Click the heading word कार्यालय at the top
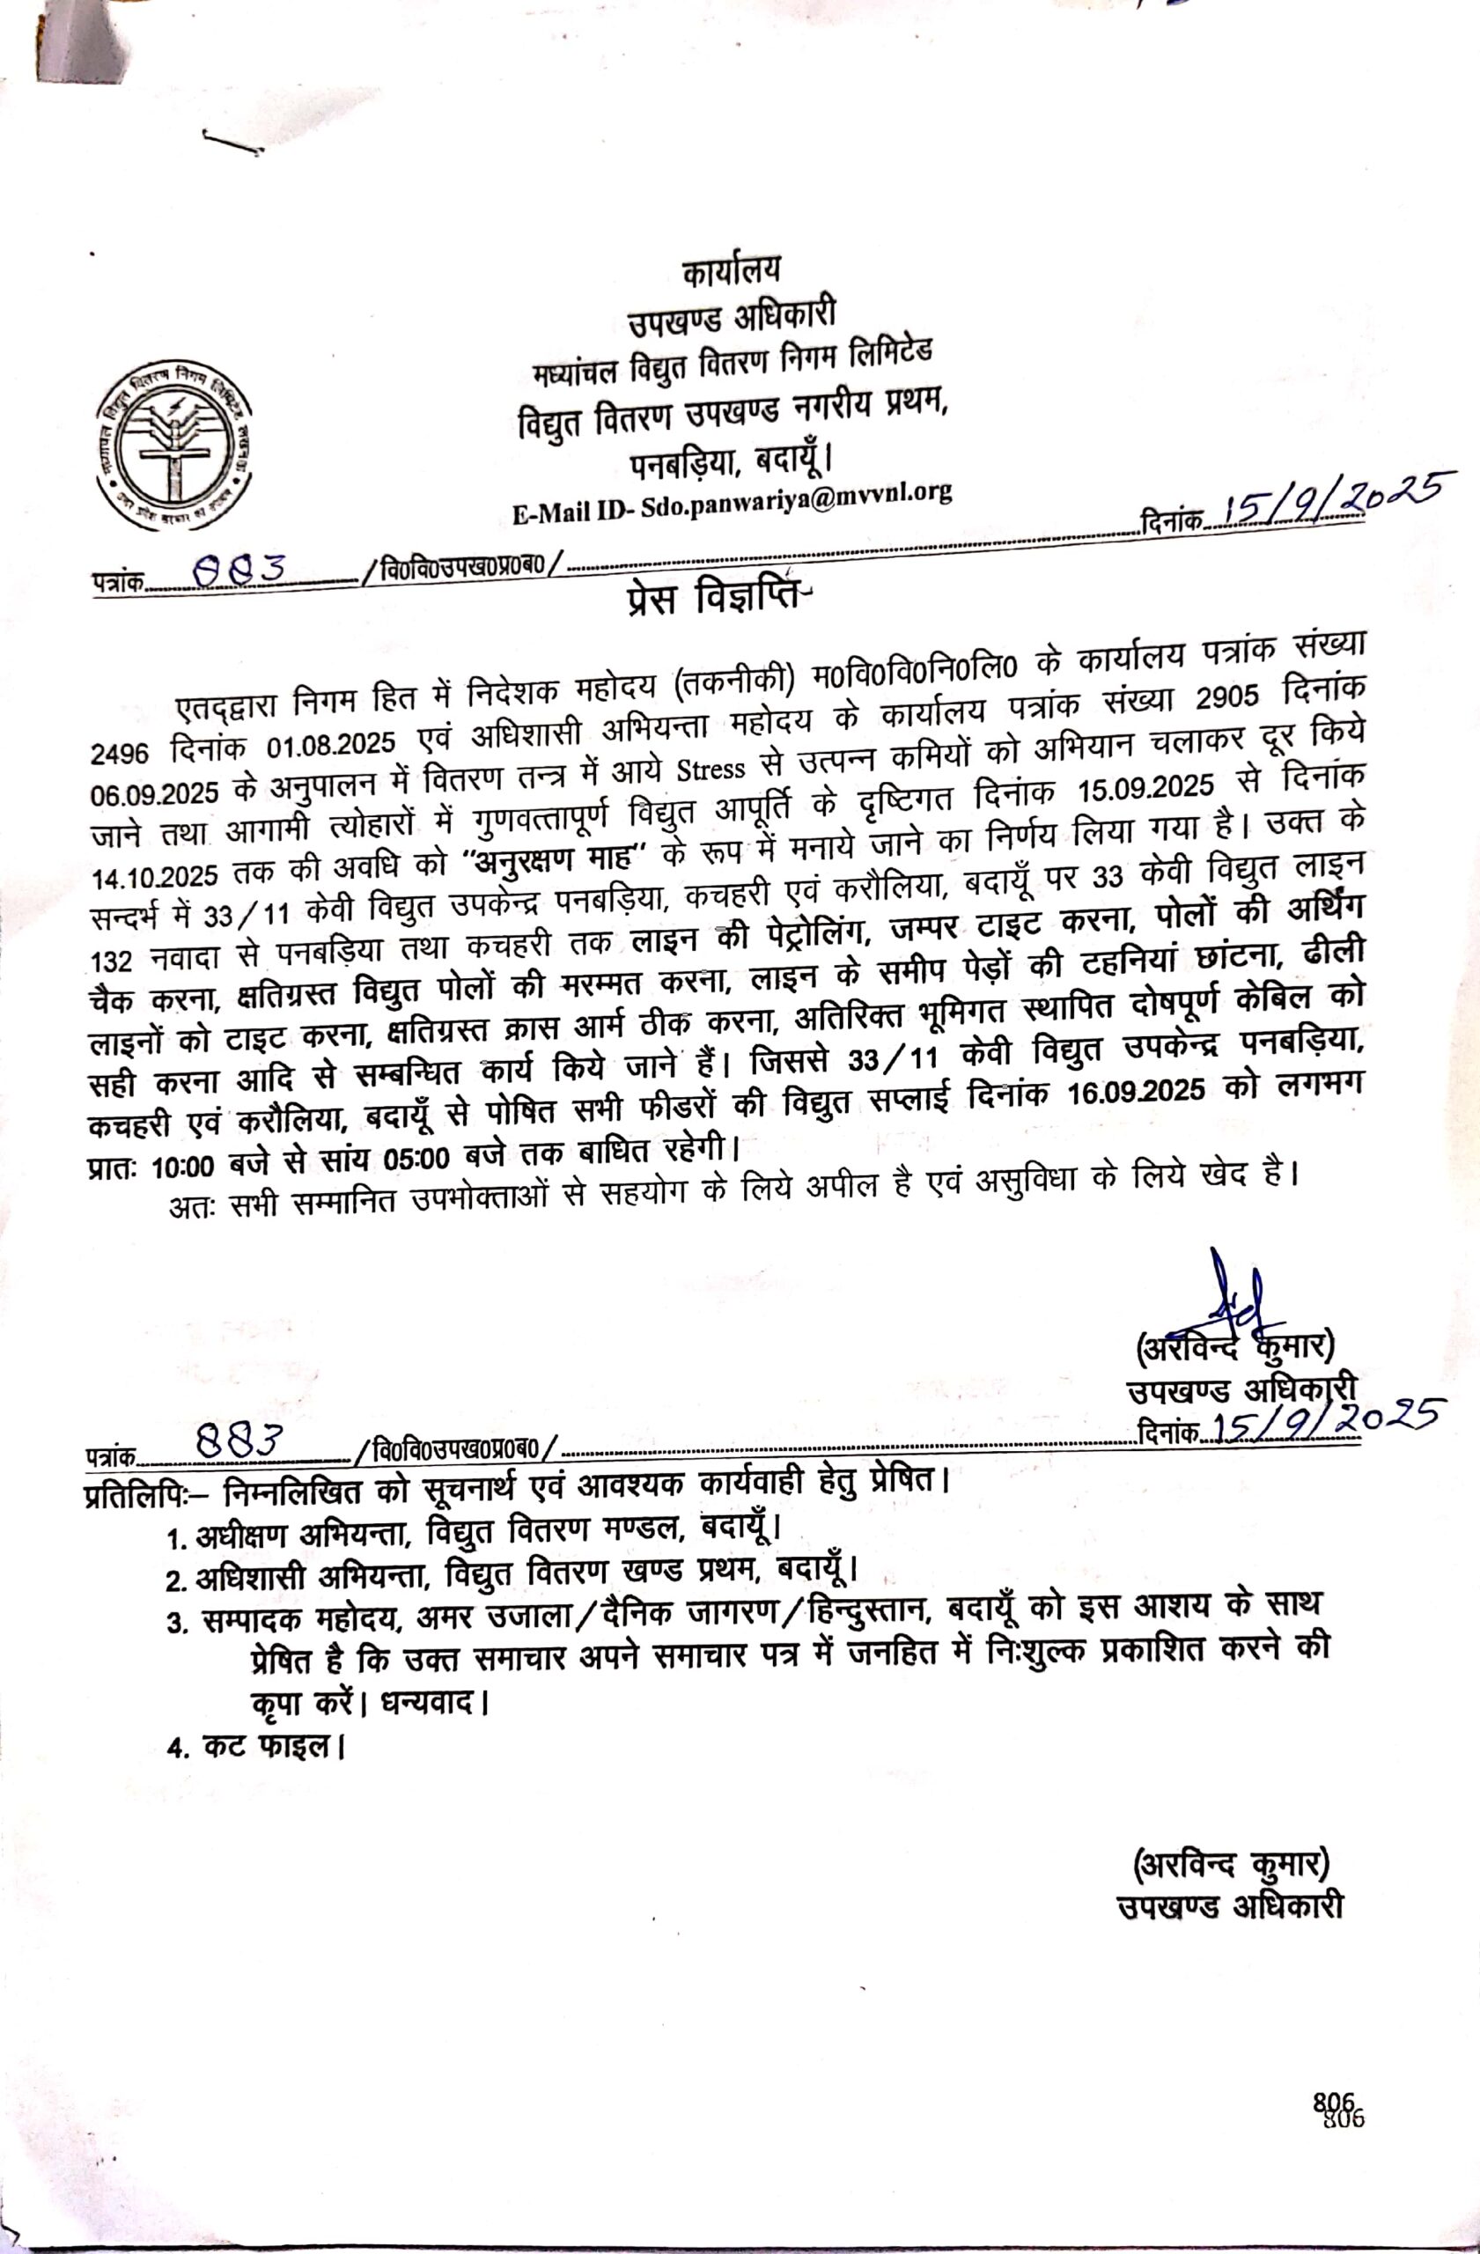coord(732,271)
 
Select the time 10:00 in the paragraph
coord(187,1167)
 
